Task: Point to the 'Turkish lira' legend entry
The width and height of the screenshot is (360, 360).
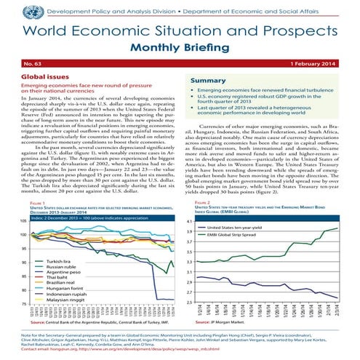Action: pyautogui.click(x=60, y=260)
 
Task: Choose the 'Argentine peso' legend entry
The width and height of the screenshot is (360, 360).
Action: pyautogui.click(x=64, y=271)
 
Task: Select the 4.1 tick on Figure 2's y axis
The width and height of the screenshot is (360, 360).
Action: pyautogui.click(x=190, y=201)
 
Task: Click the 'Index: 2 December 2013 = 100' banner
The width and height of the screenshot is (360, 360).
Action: pyautogui.click(x=87, y=197)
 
